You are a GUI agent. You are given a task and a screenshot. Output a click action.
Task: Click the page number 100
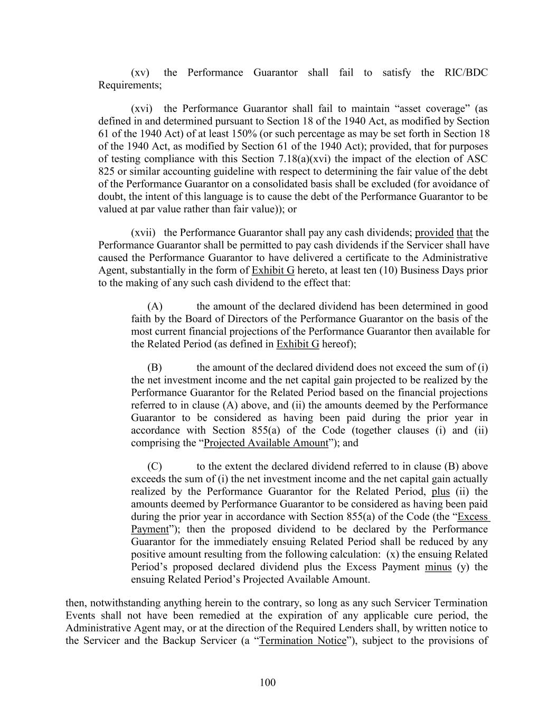pyautogui.click(x=268, y=682)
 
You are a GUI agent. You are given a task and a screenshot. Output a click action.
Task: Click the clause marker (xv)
pyautogui.click(x=140, y=72)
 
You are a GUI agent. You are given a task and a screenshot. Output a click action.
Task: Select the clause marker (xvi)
pyautogui.click(x=141, y=108)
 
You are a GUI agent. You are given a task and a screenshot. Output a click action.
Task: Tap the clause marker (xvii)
pyautogui.click(x=143, y=232)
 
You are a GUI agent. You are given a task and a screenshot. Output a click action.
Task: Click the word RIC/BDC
pyautogui.click(x=466, y=72)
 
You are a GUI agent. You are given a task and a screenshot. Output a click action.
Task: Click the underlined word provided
pyautogui.click(x=434, y=232)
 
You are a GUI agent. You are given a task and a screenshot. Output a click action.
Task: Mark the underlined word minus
pyautogui.click(x=438, y=567)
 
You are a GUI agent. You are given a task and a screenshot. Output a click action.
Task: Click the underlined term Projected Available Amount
pyautogui.click(x=266, y=443)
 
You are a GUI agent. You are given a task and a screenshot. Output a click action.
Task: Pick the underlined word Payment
pyautogui.click(x=149, y=529)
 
